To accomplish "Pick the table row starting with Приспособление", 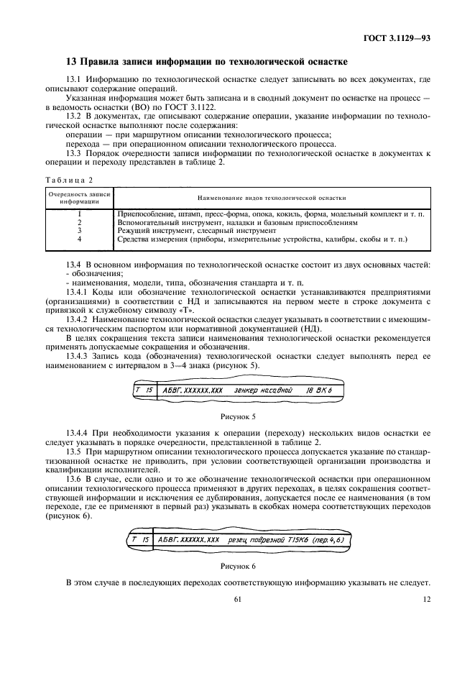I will (270, 214).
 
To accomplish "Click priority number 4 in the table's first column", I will (79, 239).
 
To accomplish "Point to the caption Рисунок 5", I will (237, 416).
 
